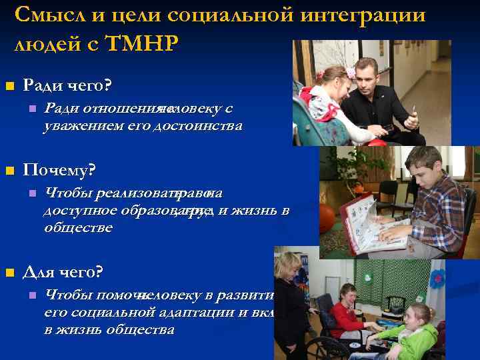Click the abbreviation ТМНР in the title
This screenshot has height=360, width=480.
point(143,44)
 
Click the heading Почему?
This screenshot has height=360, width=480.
point(59,171)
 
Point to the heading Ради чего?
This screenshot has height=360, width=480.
point(67,86)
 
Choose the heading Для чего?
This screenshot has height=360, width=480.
point(63,272)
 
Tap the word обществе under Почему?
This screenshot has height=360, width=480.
point(78,227)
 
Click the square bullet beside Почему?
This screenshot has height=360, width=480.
point(9,171)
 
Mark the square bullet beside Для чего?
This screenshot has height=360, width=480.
point(9,273)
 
